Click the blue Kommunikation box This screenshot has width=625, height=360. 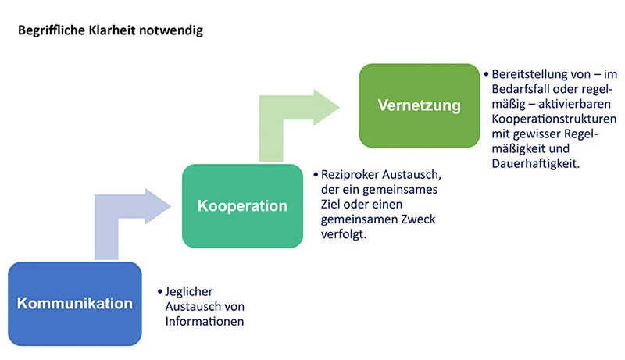pyautogui.click(x=74, y=303)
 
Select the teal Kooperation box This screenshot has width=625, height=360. pyautogui.click(x=241, y=206)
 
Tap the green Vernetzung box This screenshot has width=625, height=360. pyautogui.click(x=419, y=105)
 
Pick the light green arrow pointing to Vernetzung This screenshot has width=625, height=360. pyautogui.click(x=297, y=117)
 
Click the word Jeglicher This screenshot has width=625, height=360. pyautogui.click(x=190, y=291)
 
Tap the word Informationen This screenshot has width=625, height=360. pyautogui.click(x=205, y=321)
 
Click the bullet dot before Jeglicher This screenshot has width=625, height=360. pyautogui.click(x=159, y=291)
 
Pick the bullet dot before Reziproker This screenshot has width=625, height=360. pyautogui.click(x=315, y=175)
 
